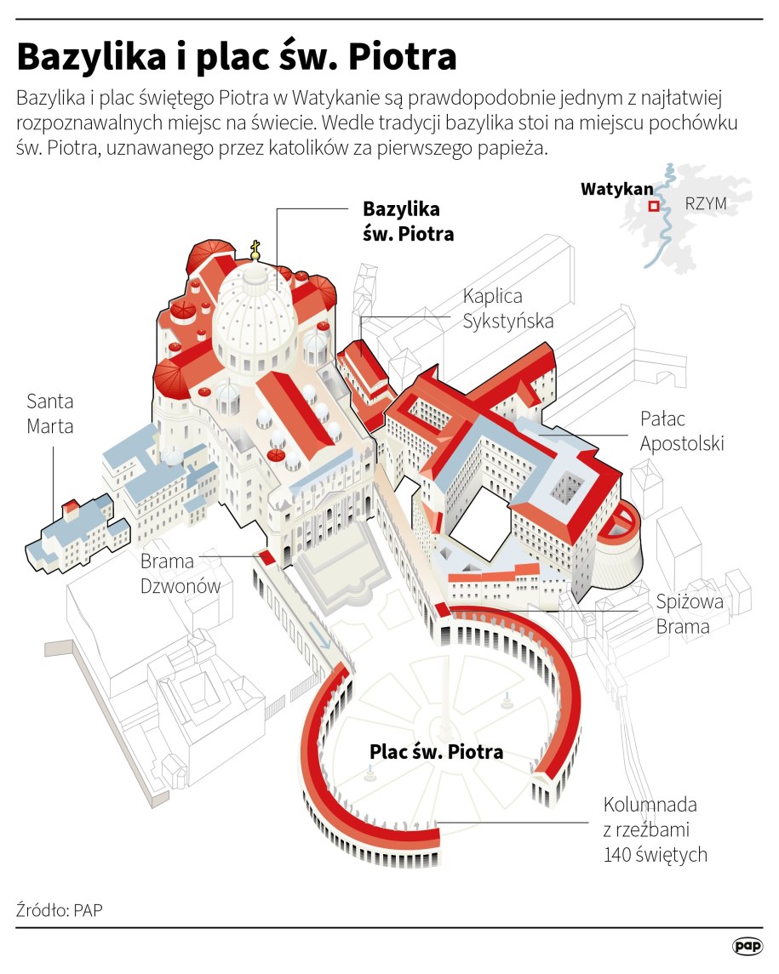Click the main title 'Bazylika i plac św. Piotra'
[x=237, y=57]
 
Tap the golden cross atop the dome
[x=255, y=248]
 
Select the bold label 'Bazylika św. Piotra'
[x=408, y=220]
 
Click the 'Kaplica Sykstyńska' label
[x=508, y=308]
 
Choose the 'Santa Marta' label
[x=49, y=413]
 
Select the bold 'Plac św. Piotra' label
[x=436, y=752]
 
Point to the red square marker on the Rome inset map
[x=654, y=206]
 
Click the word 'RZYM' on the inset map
[x=705, y=205]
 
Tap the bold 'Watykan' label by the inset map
[x=616, y=189]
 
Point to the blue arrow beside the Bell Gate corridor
[x=321, y=635]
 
